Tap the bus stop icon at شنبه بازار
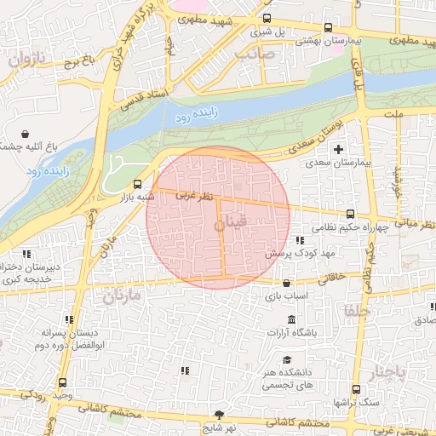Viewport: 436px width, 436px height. click(138, 184)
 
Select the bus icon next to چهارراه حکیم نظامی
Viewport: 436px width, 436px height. click(351, 215)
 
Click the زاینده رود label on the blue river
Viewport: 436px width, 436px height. click(194, 113)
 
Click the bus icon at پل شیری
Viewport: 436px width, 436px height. click(268, 19)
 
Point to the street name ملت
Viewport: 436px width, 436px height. click(393, 113)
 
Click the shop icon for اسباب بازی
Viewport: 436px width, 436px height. click(284, 284)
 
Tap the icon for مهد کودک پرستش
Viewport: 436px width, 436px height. click(299, 240)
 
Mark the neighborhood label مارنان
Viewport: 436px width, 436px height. click(121, 296)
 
